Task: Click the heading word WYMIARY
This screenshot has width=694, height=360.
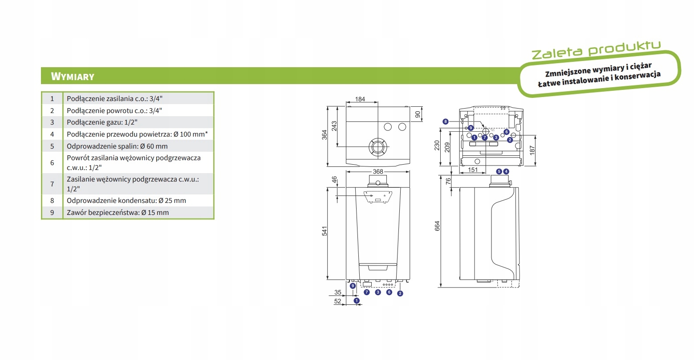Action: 73,77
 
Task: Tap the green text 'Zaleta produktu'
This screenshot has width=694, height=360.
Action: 596,50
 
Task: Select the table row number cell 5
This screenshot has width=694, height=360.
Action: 52,146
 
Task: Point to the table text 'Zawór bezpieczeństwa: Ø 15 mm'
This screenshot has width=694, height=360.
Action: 118,213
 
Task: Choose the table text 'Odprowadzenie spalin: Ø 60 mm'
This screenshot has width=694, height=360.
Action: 117,146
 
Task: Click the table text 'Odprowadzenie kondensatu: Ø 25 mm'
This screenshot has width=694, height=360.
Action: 126,201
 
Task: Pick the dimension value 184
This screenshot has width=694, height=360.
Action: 360,99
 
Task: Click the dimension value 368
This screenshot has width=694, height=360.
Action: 378,172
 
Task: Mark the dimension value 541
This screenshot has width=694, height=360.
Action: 325,231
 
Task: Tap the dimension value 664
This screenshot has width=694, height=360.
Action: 437,226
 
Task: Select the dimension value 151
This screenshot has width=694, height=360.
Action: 473,170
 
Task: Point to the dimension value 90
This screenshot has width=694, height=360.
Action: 418,114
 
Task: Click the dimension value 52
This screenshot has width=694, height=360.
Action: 337,301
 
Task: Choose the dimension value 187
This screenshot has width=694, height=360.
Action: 532,150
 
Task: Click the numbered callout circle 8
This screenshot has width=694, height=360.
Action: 445,121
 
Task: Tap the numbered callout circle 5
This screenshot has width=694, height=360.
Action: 499,171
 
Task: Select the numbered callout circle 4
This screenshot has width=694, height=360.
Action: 506,171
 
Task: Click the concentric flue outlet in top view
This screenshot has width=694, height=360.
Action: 377,146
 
